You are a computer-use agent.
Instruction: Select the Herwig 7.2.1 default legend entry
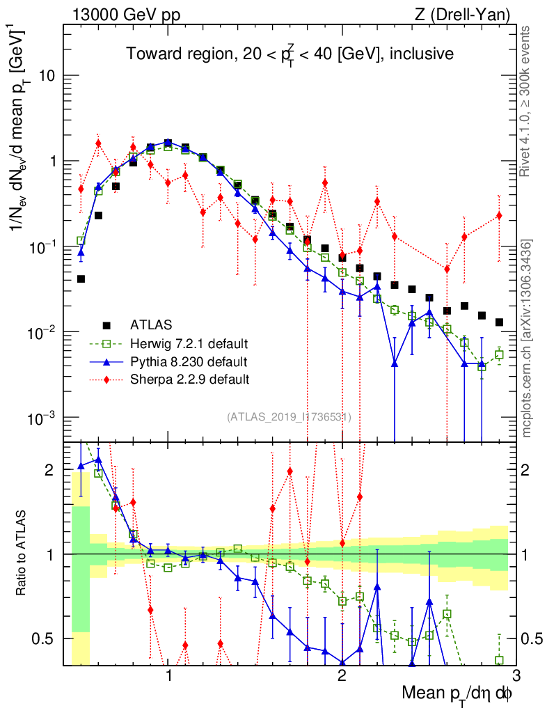(189, 344)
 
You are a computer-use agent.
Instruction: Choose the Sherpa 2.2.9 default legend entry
(189, 380)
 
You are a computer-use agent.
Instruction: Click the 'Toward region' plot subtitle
(290, 54)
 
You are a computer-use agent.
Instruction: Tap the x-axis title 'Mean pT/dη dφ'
(458, 694)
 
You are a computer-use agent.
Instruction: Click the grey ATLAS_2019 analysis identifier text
(289, 417)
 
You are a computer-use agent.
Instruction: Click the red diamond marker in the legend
(106, 380)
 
